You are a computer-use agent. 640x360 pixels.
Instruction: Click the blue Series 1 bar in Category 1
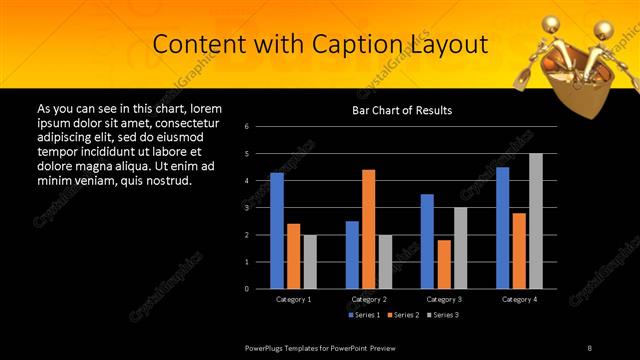[x=277, y=231]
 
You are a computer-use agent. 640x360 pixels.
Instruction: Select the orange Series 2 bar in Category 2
[x=368, y=229]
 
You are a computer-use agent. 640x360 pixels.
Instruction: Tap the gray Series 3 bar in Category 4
[x=536, y=221]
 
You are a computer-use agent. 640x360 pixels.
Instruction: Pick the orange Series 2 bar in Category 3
[x=443, y=264]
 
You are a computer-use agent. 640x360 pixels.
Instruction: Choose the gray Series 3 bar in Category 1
[x=310, y=262]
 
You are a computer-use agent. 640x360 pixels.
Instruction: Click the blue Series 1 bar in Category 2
[x=352, y=255]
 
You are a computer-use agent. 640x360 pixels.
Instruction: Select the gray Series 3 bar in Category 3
[x=460, y=248]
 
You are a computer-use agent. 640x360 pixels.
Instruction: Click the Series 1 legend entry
[x=364, y=315]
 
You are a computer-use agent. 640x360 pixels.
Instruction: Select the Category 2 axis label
[x=368, y=299]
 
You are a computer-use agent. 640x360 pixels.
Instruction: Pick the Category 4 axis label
[x=518, y=299]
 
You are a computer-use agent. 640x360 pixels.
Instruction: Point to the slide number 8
[x=590, y=347]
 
